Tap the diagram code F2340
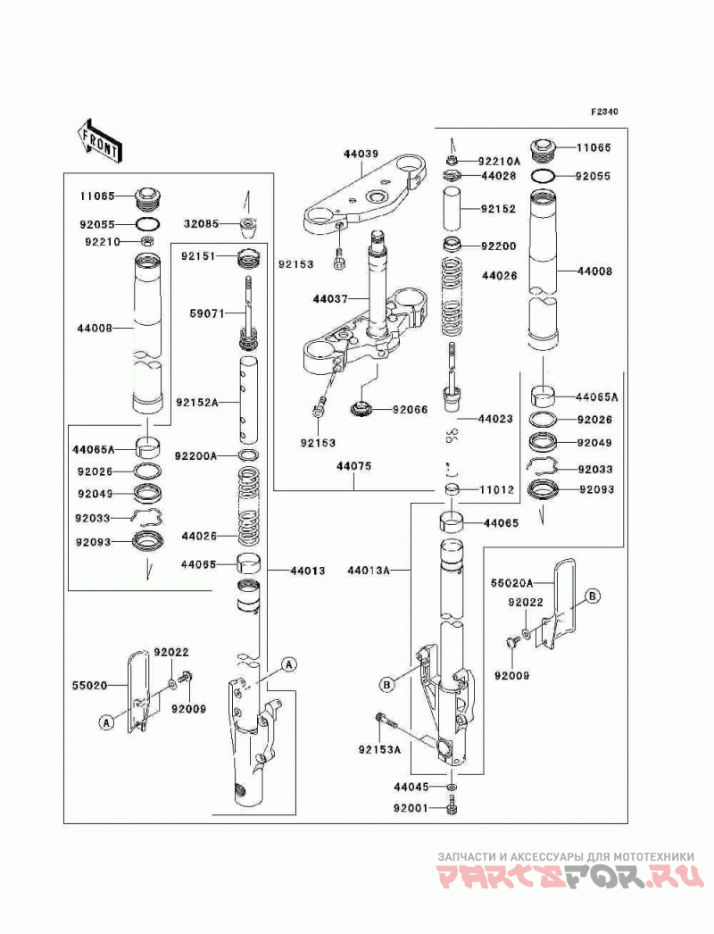[x=604, y=112]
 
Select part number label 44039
[x=361, y=154]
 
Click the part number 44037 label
[x=330, y=298]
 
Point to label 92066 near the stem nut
[x=410, y=410]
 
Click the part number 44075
[x=353, y=466]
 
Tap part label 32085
[x=202, y=224]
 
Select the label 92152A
[x=196, y=403]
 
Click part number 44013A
[x=368, y=571]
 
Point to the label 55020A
[x=512, y=582]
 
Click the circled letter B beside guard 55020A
[x=592, y=595]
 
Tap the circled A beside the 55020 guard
[x=106, y=722]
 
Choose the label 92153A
[x=380, y=749]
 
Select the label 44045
[x=411, y=787]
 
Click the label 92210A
[x=499, y=161]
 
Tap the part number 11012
[x=496, y=489]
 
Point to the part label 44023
[x=495, y=419]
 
